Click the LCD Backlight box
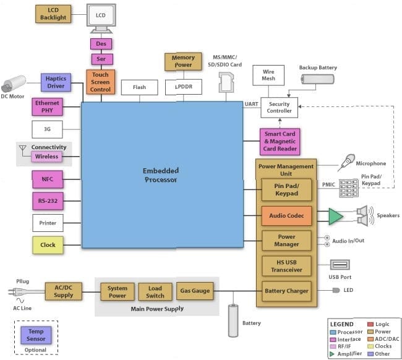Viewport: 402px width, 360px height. point(54,14)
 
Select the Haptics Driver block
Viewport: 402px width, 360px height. point(56,82)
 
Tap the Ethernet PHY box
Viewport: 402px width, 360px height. point(48,106)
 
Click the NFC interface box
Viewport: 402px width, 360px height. point(48,179)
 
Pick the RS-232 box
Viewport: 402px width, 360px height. point(48,201)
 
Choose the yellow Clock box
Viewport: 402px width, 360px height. point(48,245)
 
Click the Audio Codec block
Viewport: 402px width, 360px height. point(286,216)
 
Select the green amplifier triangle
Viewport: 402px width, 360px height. point(335,216)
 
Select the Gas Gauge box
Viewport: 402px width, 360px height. point(194,290)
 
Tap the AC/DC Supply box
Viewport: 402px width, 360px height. point(63,291)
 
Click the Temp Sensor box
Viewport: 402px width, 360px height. point(35,335)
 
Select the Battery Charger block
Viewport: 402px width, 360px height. point(286,291)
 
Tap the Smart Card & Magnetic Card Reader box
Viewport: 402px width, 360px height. point(280,142)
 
